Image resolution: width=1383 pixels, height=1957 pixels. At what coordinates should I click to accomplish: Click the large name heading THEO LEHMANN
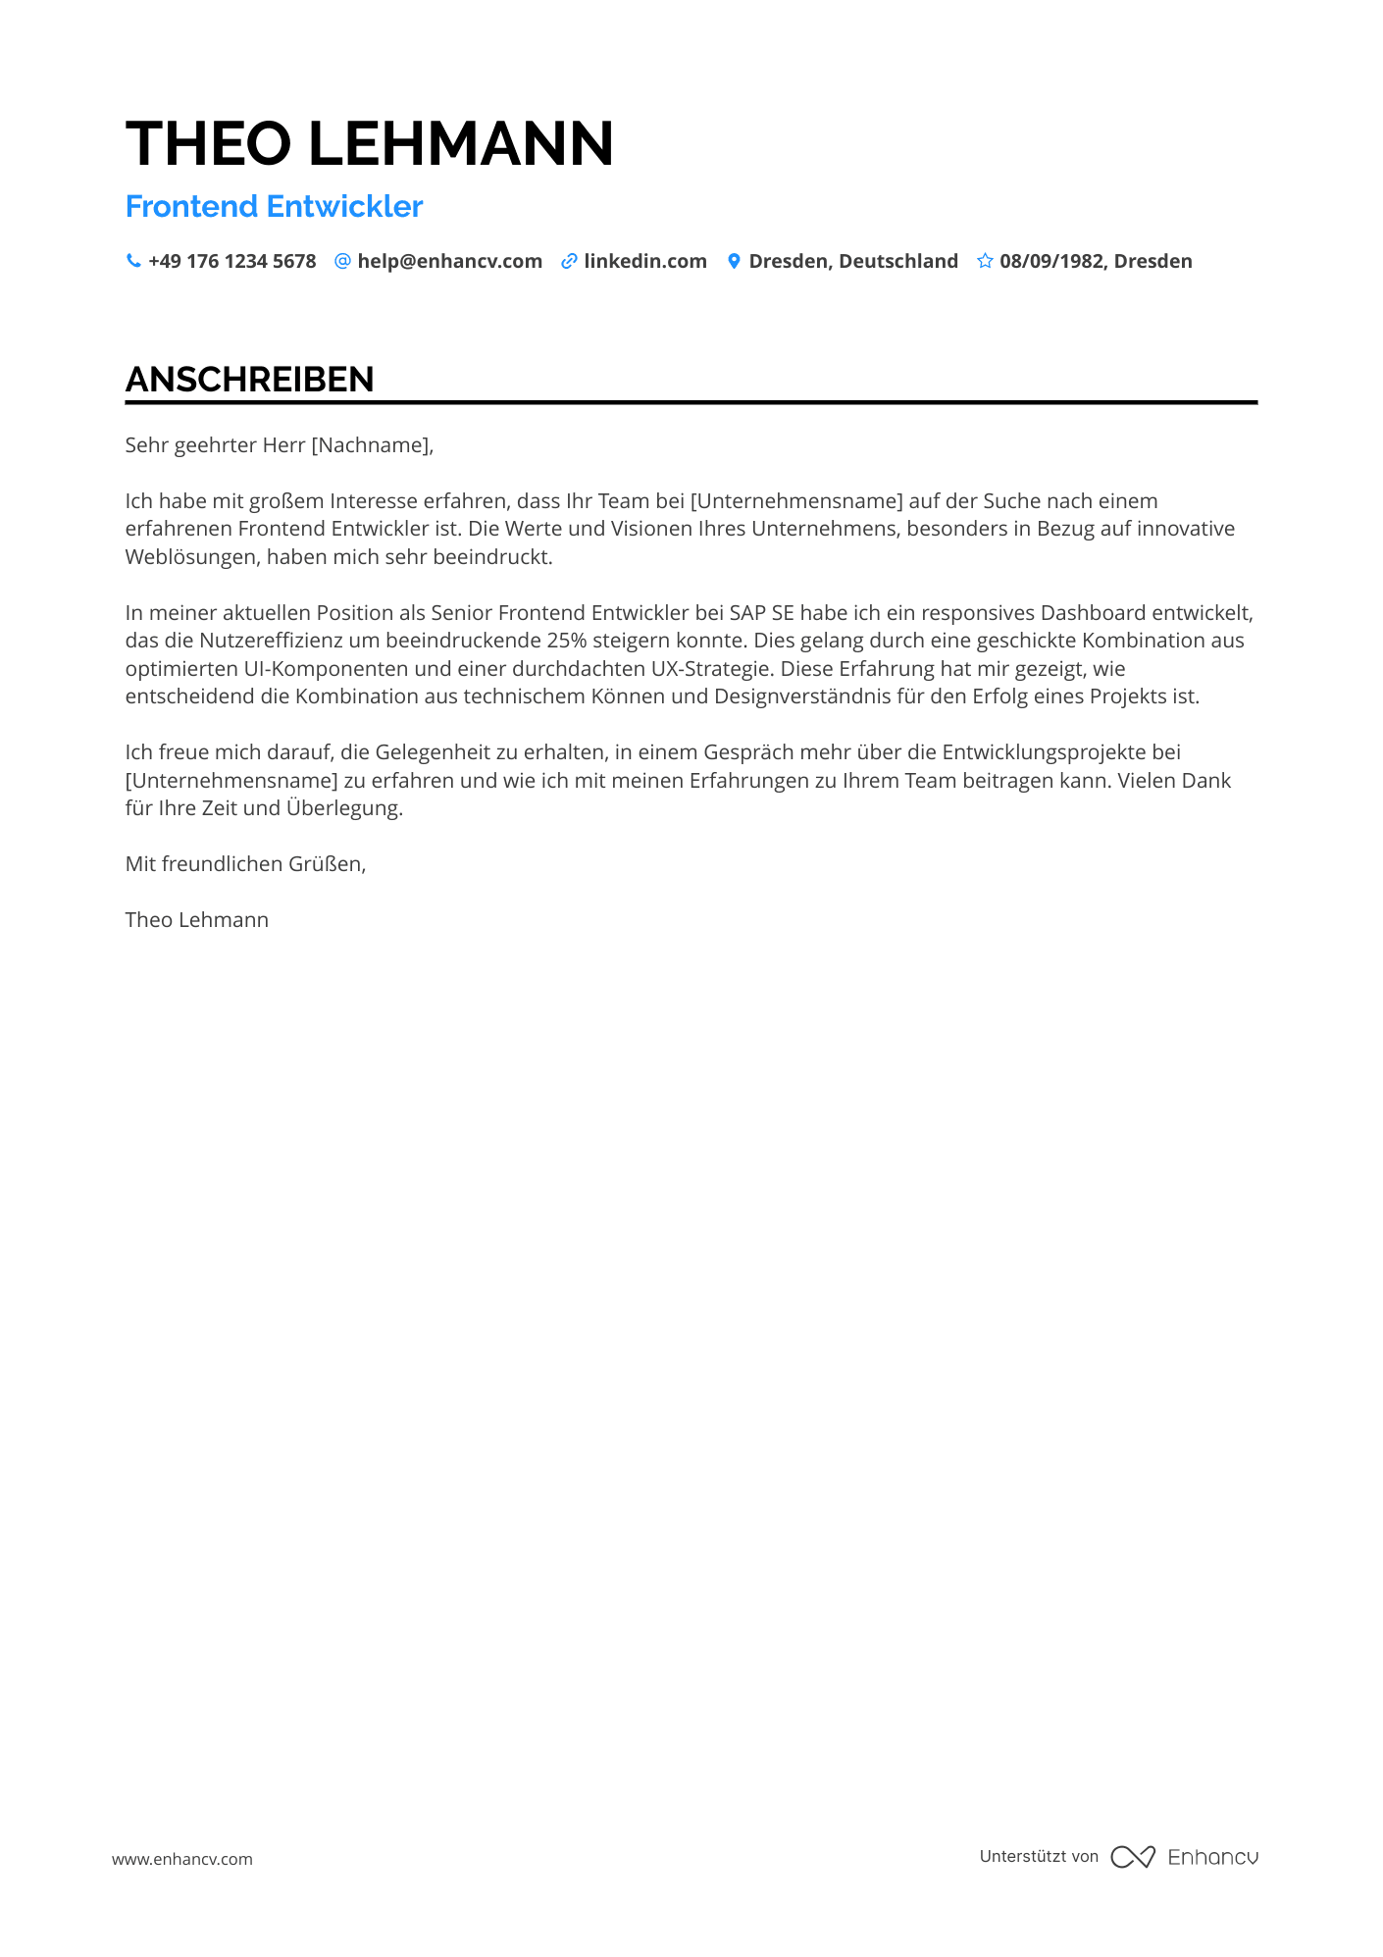click(370, 143)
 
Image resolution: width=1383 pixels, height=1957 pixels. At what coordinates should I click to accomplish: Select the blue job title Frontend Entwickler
click(274, 206)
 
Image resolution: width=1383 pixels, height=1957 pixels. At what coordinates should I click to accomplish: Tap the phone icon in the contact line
click(133, 261)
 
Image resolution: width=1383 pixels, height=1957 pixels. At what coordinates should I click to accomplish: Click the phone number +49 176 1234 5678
click(231, 261)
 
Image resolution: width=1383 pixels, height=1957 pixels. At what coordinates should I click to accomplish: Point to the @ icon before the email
click(342, 261)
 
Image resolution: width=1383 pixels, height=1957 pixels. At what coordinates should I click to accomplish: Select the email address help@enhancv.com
click(449, 261)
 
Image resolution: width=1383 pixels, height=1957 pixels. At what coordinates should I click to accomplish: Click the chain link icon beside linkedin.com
click(569, 261)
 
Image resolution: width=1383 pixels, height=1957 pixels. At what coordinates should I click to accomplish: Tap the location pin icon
click(734, 261)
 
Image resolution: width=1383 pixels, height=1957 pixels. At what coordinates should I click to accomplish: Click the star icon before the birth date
click(985, 261)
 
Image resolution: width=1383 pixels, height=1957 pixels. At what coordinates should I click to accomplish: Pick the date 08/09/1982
click(1052, 261)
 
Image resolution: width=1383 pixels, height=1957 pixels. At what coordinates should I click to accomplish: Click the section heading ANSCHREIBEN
click(249, 380)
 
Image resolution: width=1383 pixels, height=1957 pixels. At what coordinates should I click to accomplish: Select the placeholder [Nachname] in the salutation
click(370, 445)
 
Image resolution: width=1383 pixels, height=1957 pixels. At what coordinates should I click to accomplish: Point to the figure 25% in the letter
click(566, 641)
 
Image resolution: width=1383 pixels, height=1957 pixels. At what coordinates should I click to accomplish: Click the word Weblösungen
click(192, 557)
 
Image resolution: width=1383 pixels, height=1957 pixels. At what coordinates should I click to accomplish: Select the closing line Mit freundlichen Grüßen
click(245, 864)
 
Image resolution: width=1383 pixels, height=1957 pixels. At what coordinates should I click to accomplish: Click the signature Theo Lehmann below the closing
click(196, 920)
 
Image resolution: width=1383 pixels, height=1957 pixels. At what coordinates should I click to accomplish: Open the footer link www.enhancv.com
click(181, 1859)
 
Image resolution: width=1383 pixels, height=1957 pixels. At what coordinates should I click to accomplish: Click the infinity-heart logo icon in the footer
click(1132, 1857)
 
